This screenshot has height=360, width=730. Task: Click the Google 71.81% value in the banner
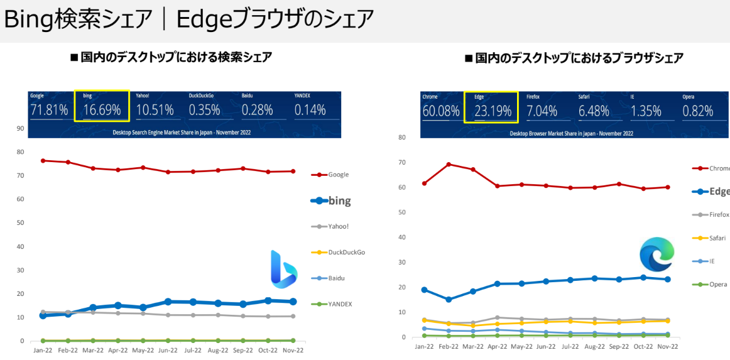coord(48,110)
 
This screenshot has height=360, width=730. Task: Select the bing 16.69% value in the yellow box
coord(102,110)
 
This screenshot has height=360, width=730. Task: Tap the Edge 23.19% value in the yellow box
coord(493,111)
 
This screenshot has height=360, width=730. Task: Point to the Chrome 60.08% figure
coord(441,111)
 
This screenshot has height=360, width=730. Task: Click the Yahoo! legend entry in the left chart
coord(339,226)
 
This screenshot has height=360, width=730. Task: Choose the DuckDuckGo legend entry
coord(346,252)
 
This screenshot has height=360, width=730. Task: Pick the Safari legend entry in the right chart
coord(717,238)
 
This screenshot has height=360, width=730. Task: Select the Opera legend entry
coord(717,284)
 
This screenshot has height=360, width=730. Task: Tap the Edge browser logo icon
coord(656,255)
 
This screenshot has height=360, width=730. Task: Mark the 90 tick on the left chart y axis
coord(20,128)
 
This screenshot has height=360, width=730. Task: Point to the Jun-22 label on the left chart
coord(168,350)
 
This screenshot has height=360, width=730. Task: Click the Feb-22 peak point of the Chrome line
coord(449,165)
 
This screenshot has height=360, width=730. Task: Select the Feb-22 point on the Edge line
coord(449,300)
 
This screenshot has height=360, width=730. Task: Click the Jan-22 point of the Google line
coord(43,161)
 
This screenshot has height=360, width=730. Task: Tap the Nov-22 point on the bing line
coord(293,302)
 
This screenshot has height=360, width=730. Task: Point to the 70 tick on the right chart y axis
coord(401,162)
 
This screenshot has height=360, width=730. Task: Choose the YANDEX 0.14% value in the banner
coord(310,110)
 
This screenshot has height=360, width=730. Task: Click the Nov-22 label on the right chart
coord(668,346)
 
